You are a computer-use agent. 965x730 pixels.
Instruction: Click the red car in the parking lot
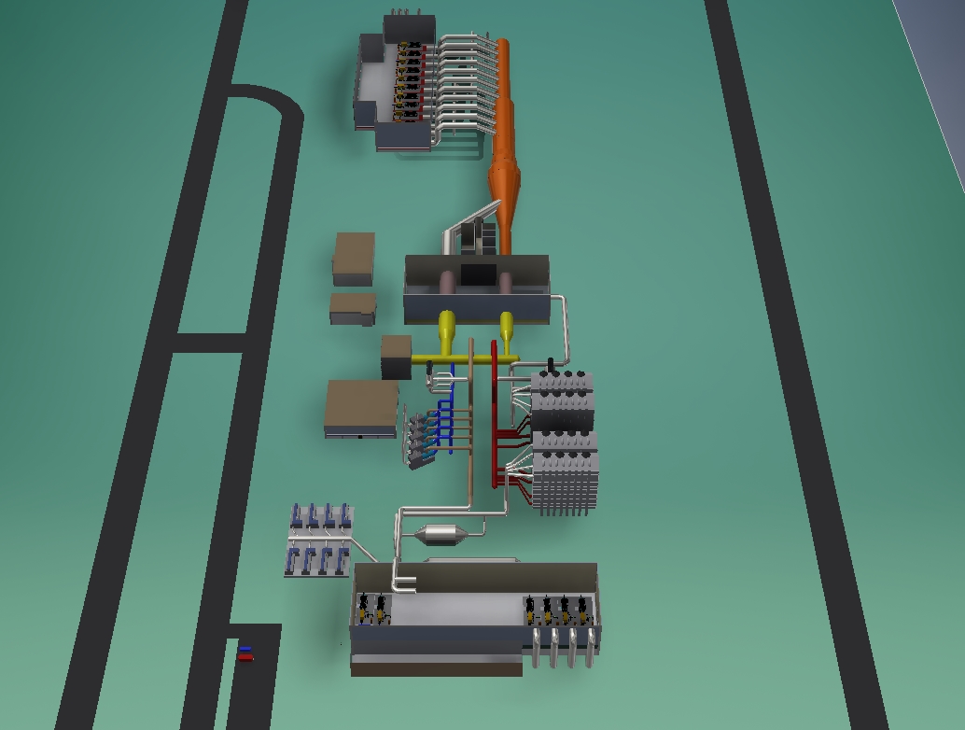coord(245,657)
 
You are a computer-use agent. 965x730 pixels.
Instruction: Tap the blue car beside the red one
coord(245,648)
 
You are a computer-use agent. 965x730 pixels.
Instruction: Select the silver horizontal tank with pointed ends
coord(441,535)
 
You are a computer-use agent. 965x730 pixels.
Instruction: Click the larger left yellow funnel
coord(447,327)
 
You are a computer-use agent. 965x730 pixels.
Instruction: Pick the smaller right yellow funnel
coord(507,327)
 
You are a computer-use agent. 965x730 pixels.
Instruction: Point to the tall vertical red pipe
coord(495,411)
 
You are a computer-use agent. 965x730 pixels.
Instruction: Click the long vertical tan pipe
coord(471,420)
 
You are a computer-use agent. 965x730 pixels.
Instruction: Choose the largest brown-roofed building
coord(361,407)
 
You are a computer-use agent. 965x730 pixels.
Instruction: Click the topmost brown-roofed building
coord(354,257)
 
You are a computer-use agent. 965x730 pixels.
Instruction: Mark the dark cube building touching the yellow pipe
coord(396,357)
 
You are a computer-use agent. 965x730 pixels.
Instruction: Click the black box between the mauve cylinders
coord(478,274)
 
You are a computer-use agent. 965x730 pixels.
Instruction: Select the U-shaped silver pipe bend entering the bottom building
coord(405,584)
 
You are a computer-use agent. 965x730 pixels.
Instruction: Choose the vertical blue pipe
coord(453,411)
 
